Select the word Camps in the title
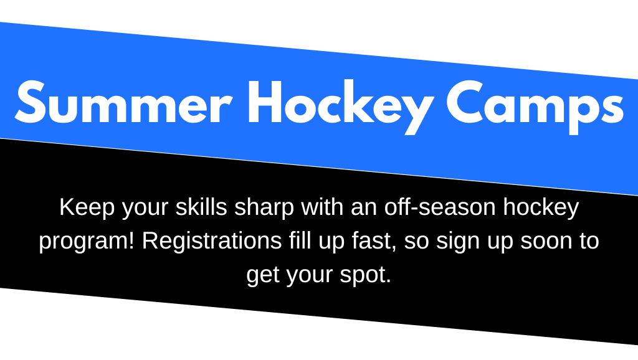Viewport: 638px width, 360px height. click(535, 107)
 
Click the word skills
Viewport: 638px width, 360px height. click(201, 207)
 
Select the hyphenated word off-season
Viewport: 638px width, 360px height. click(440, 207)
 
